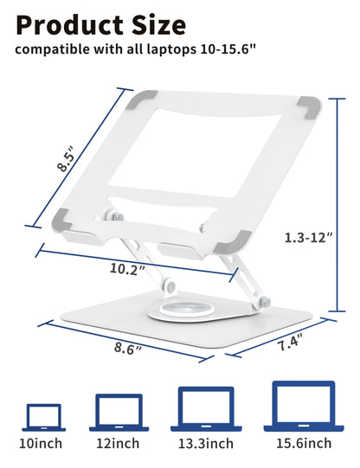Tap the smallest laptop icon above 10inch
[43, 417]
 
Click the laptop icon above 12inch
[117, 412]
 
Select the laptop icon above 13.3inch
[205, 408]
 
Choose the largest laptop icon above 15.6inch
[303, 406]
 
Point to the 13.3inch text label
[205, 444]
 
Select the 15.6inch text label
[303, 444]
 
